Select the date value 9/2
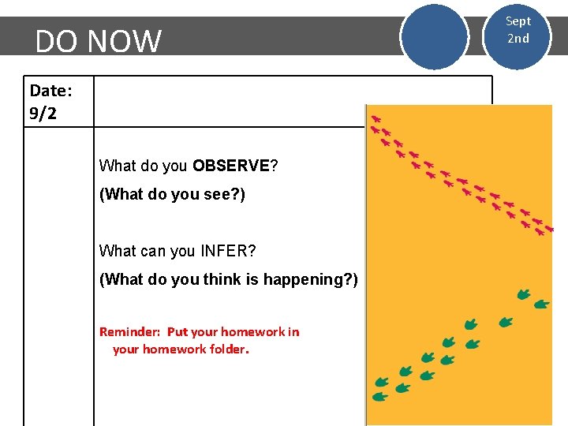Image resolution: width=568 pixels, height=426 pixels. pyautogui.click(x=43, y=113)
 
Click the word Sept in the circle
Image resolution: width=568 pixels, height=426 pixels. pyautogui.click(x=518, y=21)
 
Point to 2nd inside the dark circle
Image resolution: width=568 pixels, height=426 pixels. pyautogui.click(x=518, y=39)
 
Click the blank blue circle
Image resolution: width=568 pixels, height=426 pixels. pyautogui.click(x=433, y=38)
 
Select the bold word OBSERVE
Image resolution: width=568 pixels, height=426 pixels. pyautogui.click(x=231, y=166)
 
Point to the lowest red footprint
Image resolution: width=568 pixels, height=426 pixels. pyautogui.click(x=540, y=232)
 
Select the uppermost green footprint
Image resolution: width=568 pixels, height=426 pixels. pyautogui.click(x=524, y=294)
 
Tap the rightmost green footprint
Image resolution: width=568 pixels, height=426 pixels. pyautogui.click(x=542, y=304)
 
